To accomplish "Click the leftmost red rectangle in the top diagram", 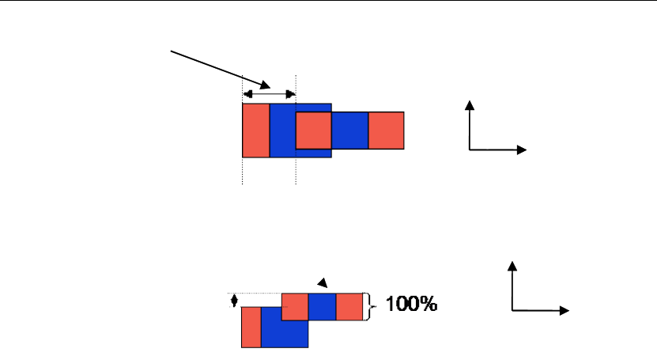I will click(x=255, y=131).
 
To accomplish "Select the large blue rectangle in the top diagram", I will click(x=283, y=131).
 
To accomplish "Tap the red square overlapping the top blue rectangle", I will click(x=313, y=131).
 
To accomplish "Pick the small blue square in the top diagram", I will click(x=349, y=131).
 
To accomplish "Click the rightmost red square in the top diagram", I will click(x=386, y=131).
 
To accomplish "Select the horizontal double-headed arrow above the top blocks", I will click(x=269, y=94).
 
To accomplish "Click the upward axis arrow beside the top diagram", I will click(x=470, y=123).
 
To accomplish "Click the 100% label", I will click(x=411, y=304).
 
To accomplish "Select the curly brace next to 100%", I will click(x=366, y=306).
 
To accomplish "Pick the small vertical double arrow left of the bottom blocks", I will click(x=233, y=301).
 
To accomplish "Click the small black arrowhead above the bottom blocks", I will click(x=321, y=282).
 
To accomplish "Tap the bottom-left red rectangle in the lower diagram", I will click(x=251, y=327).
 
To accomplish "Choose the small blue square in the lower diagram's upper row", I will click(x=322, y=306).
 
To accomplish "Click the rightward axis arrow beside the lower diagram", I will click(x=542, y=311).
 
